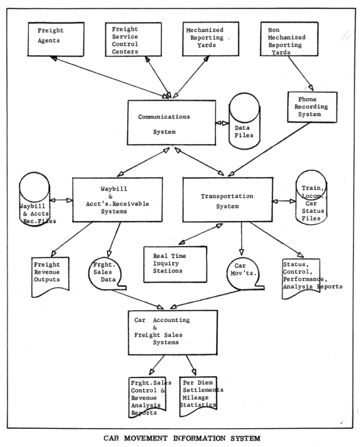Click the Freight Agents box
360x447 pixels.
click(x=56, y=39)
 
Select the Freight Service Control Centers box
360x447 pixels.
click(x=133, y=39)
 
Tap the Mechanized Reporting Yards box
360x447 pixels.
click(x=210, y=39)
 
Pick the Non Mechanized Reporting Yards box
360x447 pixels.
click(x=289, y=39)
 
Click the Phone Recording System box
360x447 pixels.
click(x=312, y=107)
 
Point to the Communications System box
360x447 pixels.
click(x=172, y=123)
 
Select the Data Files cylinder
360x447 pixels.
click(x=245, y=121)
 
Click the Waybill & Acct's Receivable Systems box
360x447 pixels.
click(x=118, y=200)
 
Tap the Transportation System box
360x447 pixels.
click(x=227, y=200)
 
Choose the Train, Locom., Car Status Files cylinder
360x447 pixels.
click(x=311, y=197)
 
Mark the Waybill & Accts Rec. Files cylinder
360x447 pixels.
click(x=35, y=200)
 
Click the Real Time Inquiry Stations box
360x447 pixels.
click(x=175, y=264)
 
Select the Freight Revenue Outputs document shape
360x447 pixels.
click(x=50, y=277)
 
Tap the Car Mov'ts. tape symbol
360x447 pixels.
click(x=245, y=274)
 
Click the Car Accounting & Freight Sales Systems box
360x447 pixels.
click(x=173, y=332)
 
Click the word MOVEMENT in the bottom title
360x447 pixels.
click(x=146, y=438)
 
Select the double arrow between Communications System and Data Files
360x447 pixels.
click(x=222, y=123)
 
